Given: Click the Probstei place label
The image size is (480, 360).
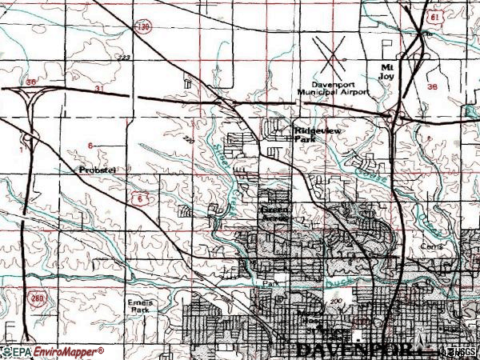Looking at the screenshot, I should (98, 170).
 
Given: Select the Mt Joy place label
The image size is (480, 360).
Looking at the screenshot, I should (387, 72).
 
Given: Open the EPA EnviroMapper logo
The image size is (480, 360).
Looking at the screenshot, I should (53, 352).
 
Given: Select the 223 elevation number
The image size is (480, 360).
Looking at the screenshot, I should (123, 58).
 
